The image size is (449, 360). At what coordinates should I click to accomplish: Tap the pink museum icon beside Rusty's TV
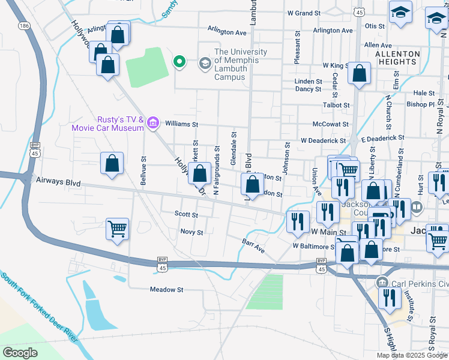coord(153,123)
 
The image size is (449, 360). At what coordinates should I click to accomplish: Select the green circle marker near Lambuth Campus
coord(178,61)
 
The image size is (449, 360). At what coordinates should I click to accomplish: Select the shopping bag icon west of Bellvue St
coord(112,163)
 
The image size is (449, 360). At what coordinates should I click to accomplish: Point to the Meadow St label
coord(166,289)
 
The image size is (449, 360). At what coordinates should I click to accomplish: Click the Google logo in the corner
coord(20,352)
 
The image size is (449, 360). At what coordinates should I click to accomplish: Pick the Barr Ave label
coord(253,246)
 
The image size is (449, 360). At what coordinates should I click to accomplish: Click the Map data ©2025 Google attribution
coord(412,355)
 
